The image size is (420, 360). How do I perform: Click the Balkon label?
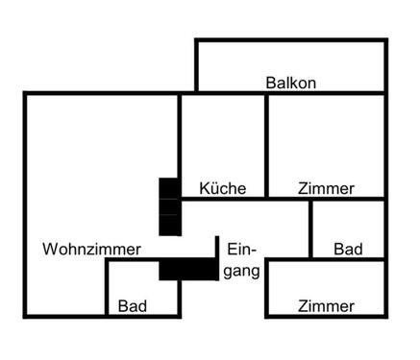pos(290,83)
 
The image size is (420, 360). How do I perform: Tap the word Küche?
pos(222,188)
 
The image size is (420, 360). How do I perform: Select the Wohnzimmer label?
pos(91,249)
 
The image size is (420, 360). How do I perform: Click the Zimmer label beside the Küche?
pos(326,188)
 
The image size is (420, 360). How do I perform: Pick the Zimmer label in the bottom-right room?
pos(326,306)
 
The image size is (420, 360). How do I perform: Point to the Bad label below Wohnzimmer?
pos(133,306)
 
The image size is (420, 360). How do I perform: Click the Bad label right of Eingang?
pos(348,249)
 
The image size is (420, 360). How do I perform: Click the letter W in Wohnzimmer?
pos(50,249)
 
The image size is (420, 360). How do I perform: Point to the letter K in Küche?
pos(204,188)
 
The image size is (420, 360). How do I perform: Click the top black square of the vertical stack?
pos(169,187)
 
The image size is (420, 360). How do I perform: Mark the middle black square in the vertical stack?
pos(169,206)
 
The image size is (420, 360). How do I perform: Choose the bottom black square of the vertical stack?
pos(169,226)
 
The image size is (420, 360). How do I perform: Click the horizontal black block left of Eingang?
pos(188,270)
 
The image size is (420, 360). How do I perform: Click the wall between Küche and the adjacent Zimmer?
pos(266,144)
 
